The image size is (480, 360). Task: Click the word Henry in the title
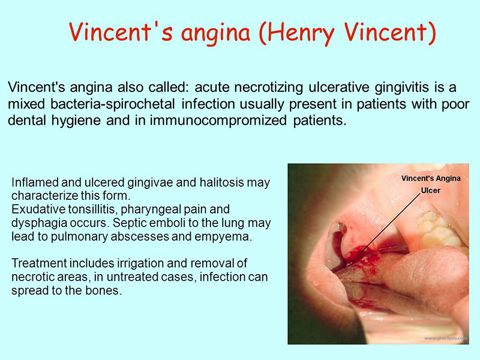(x=301, y=33)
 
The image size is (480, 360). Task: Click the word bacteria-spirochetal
(x=113, y=104)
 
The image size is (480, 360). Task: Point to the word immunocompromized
(x=218, y=121)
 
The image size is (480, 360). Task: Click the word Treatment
(x=39, y=263)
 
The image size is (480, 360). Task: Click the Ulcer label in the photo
(x=430, y=190)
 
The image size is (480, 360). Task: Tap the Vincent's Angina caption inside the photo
(x=431, y=178)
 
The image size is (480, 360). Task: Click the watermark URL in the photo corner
(x=445, y=338)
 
